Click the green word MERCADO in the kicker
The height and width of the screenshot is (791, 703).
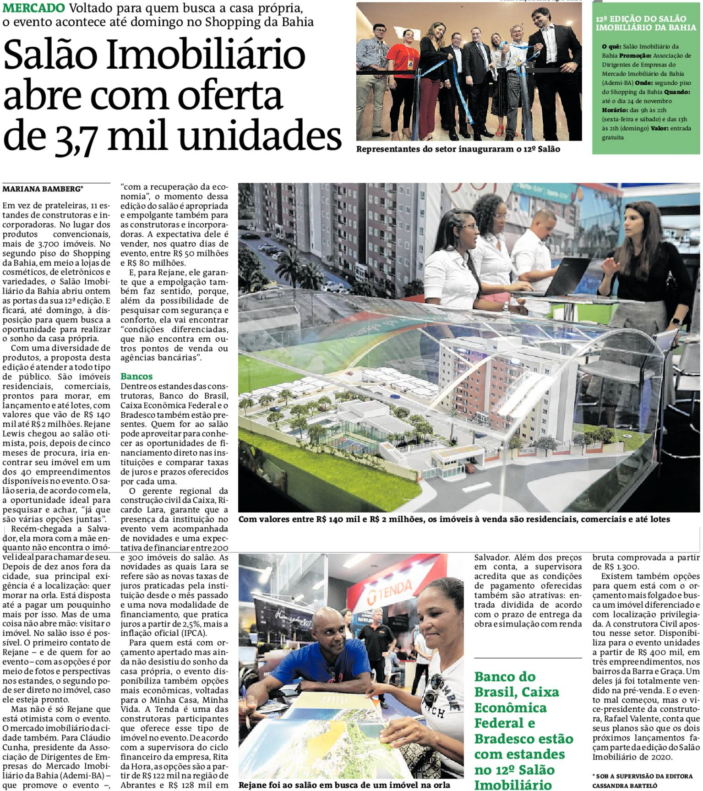tap(34, 8)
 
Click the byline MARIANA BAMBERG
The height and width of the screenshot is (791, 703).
tap(42, 189)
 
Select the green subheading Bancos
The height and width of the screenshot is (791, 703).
tap(136, 376)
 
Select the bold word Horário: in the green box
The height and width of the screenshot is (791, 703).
tap(615, 110)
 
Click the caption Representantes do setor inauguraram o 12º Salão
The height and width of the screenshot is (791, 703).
tap(458, 149)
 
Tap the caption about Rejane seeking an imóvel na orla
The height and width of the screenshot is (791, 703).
tap(344, 785)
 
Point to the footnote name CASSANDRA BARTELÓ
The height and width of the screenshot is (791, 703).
tap(625, 786)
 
